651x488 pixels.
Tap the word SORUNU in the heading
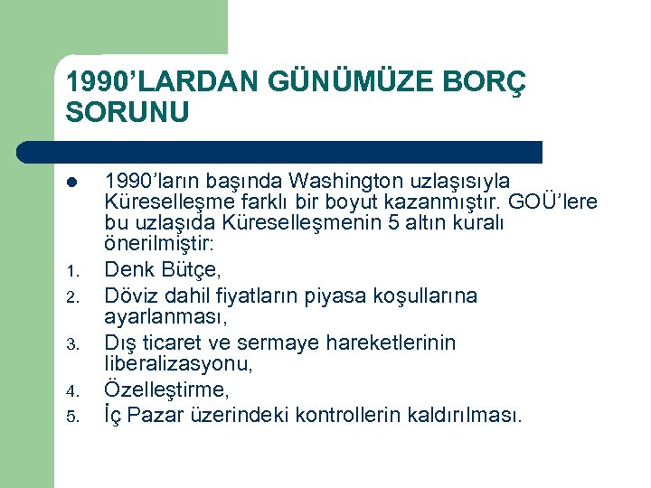pos(127,112)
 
